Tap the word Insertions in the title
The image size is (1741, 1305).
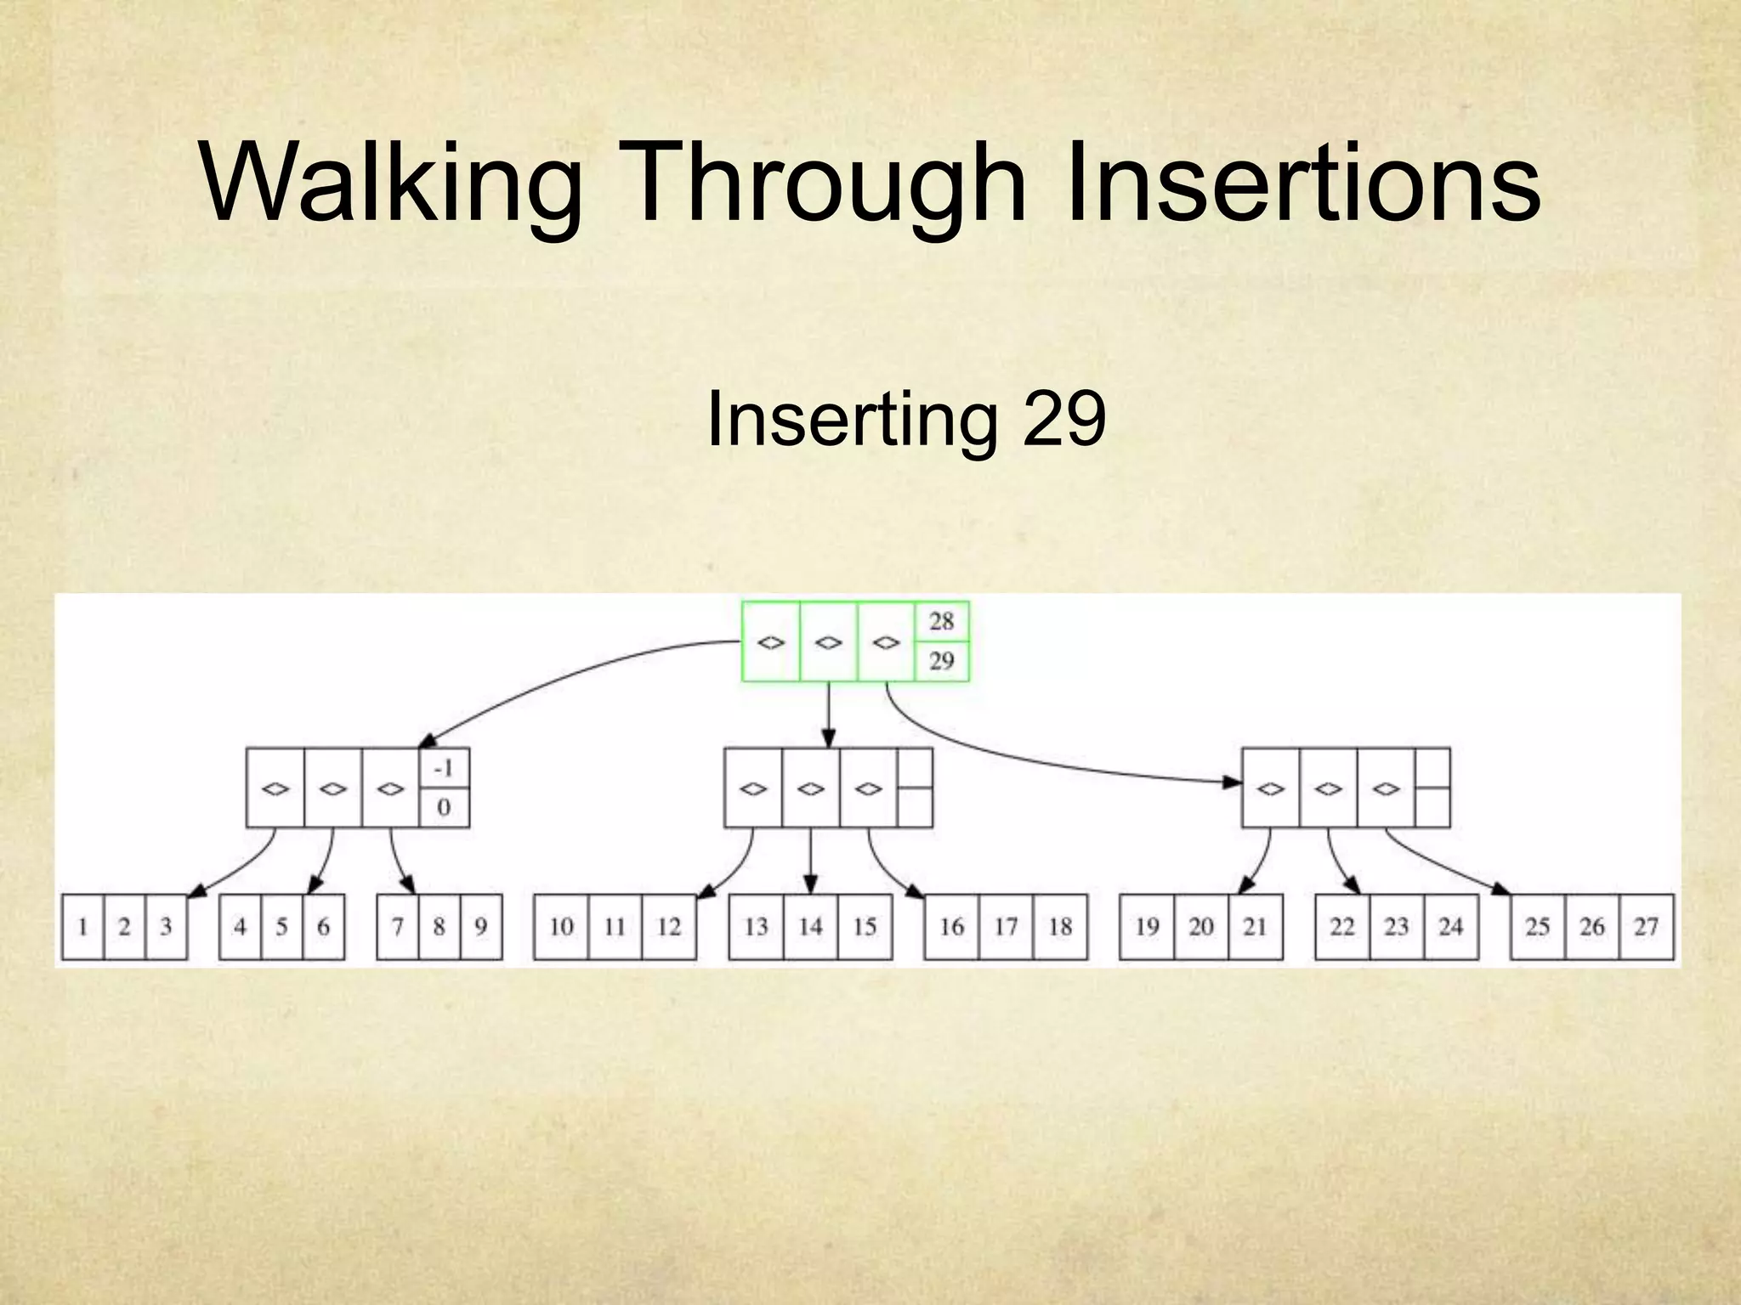1302,183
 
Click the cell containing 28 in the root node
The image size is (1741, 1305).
941,621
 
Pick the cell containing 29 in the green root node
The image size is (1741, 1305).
941,660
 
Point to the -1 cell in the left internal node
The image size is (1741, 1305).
444,768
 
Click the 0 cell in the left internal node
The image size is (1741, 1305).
444,807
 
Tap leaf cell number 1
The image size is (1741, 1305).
83,926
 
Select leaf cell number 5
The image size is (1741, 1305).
281,926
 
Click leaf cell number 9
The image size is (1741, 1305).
481,926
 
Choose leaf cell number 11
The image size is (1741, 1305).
615,926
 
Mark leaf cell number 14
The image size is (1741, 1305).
810,926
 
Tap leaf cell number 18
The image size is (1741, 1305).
1060,926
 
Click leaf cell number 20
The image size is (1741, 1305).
1200,926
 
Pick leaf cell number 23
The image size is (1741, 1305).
1396,926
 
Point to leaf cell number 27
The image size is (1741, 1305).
1646,926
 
